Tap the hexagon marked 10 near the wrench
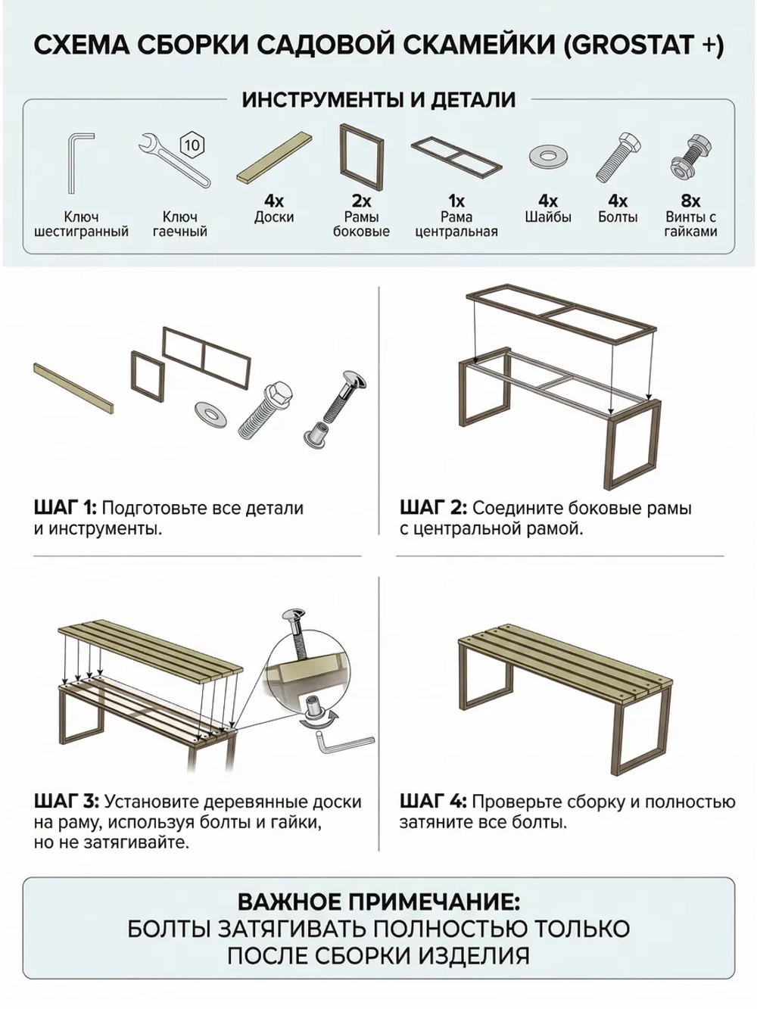click(x=192, y=145)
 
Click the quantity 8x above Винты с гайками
click(x=690, y=201)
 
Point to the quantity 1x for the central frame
click(x=456, y=201)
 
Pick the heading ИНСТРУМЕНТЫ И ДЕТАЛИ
click(x=378, y=100)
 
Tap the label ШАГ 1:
click(x=65, y=509)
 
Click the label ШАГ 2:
click(x=433, y=509)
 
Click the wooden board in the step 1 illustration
click(x=73, y=388)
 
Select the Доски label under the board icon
click(x=274, y=216)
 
